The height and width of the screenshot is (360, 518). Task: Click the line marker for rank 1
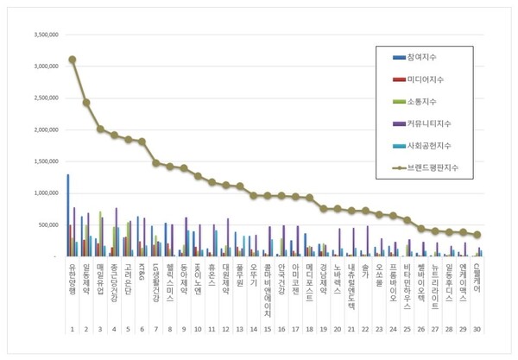point(73,60)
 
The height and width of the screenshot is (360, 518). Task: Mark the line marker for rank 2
point(86,102)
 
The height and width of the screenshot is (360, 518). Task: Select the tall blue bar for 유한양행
point(68,215)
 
